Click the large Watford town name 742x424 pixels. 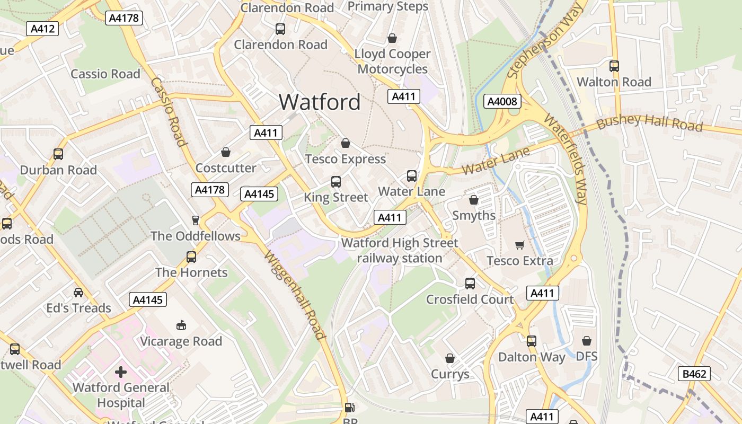tap(320, 102)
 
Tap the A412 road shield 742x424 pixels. tap(42, 29)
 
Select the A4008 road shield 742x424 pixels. tap(502, 101)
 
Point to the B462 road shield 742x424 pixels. tap(694, 374)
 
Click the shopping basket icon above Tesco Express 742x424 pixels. tap(346, 143)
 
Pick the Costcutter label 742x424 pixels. tap(226, 168)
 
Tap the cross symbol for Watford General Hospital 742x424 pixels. tap(121, 372)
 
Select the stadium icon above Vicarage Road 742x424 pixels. tap(181, 325)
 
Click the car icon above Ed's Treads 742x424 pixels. tap(78, 292)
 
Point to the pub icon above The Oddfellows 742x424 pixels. tap(195, 220)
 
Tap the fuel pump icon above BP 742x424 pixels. tap(349, 408)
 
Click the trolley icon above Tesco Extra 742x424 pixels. tap(519, 245)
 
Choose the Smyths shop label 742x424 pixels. tap(474, 216)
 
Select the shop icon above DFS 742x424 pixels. tap(586, 341)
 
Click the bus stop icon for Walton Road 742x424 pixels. tap(614, 66)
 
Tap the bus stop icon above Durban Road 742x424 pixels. tap(58, 154)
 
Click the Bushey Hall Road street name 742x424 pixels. tap(650, 123)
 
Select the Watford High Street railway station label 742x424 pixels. tap(400, 250)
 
